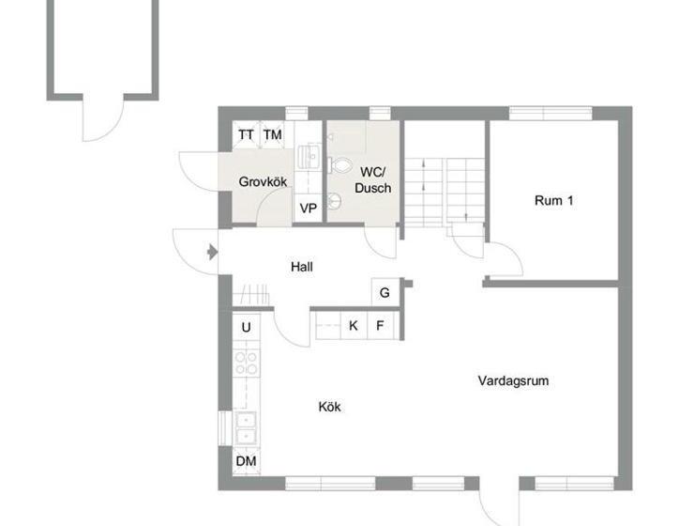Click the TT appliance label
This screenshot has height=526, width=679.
(x=246, y=135)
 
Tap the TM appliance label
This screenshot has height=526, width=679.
(x=272, y=135)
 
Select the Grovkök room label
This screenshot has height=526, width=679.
(x=263, y=181)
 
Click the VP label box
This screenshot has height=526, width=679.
(x=308, y=208)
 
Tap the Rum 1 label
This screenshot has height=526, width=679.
(x=553, y=200)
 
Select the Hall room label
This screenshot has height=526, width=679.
(x=301, y=267)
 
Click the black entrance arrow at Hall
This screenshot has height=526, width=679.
(x=212, y=251)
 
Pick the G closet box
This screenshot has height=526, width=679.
(x=385, y=292)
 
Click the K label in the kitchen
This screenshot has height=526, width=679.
(x=354, y=326)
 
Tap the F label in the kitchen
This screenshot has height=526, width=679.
(x=380, y=326)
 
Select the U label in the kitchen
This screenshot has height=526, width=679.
(x=247, y=327)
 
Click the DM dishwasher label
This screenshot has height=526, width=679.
(x=246, y=461)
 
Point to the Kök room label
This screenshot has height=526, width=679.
(x=329, y=407)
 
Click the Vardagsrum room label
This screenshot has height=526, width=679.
(x=513, y=381)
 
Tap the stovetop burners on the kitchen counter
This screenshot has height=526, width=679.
(x=246, y=363)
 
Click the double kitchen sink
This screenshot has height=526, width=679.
(x=246, y=427)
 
